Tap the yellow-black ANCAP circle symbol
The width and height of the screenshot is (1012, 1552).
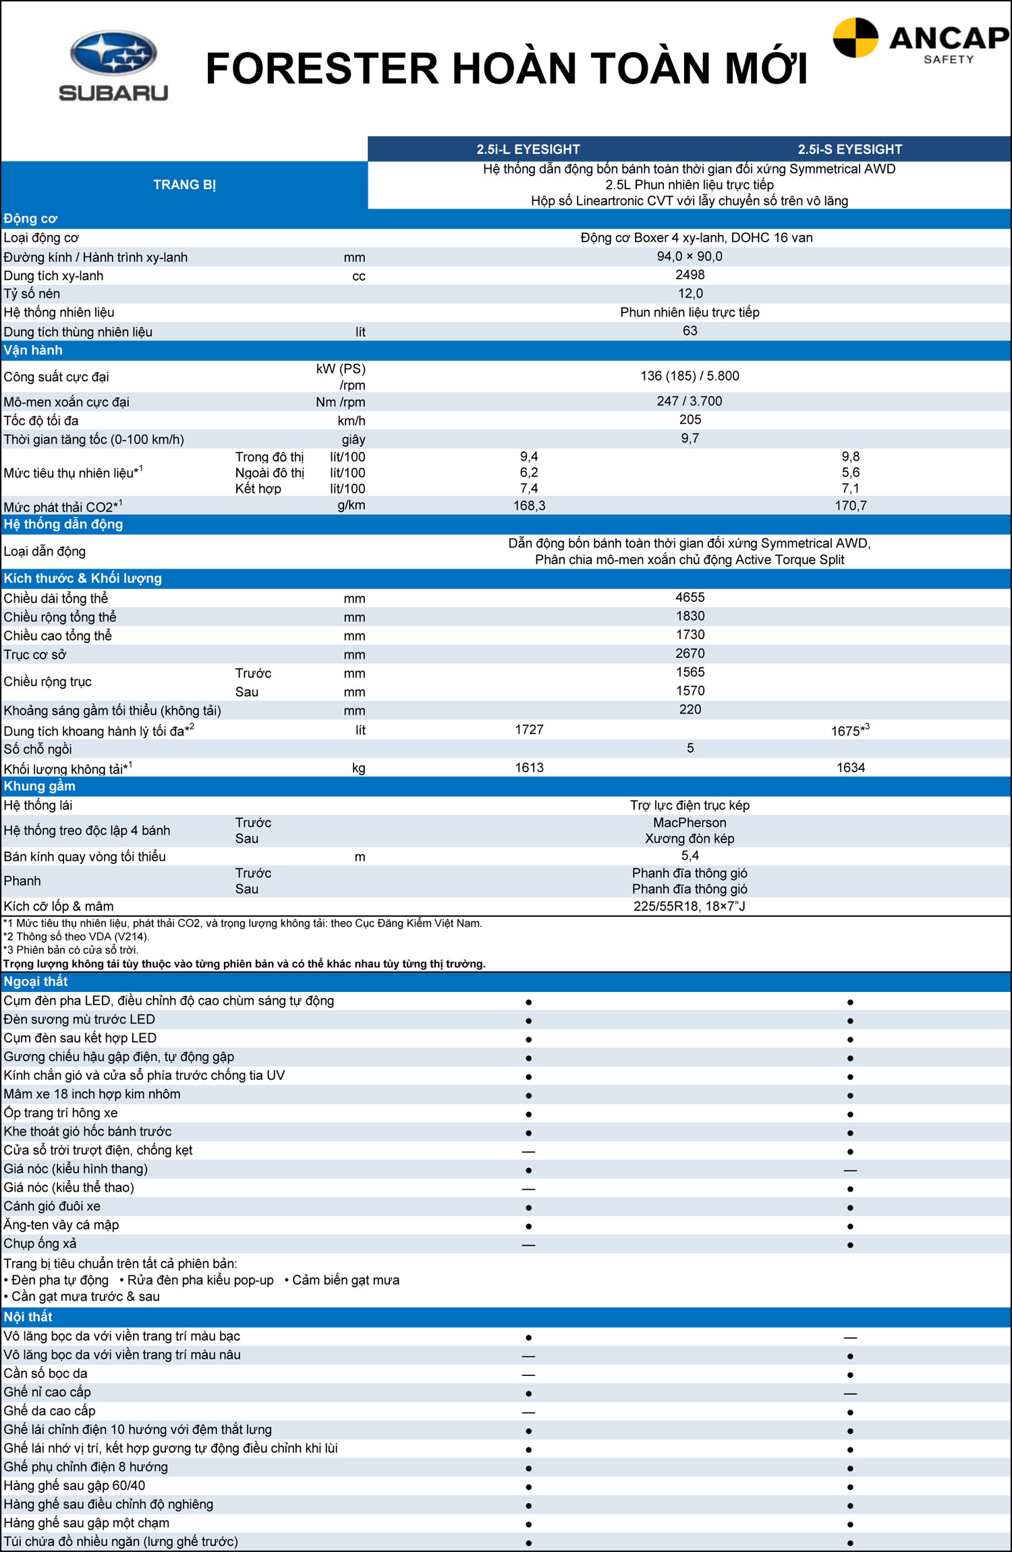pos(855,38)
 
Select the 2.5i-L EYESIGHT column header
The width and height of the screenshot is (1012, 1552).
pos(528,149)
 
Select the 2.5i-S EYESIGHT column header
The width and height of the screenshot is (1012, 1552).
pos(849,149)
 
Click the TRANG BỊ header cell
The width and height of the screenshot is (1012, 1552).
pos(184,185)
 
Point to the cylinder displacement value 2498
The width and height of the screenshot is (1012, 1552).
pos(690,275)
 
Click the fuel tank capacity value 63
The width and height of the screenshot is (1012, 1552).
pos(690,331)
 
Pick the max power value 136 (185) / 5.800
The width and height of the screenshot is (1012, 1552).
pos(690,376)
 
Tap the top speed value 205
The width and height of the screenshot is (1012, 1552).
pos(690,420)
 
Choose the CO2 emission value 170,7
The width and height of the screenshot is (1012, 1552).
pos(850,505)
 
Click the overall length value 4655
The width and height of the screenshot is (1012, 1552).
pos(690,597)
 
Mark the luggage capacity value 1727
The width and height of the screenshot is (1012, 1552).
pos(529,729)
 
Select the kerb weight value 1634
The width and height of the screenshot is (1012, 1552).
pos(850,767)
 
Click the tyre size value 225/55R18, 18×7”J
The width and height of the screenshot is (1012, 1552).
pos(689,906)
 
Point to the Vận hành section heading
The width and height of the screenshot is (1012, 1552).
pos(33,350)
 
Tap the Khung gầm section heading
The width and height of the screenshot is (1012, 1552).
pos(39,786)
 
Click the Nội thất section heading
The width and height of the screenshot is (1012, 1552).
pos(28,1317)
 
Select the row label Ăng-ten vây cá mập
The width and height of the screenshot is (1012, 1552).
pos(61,1225)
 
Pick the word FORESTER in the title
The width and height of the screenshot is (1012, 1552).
pos(322,69)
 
